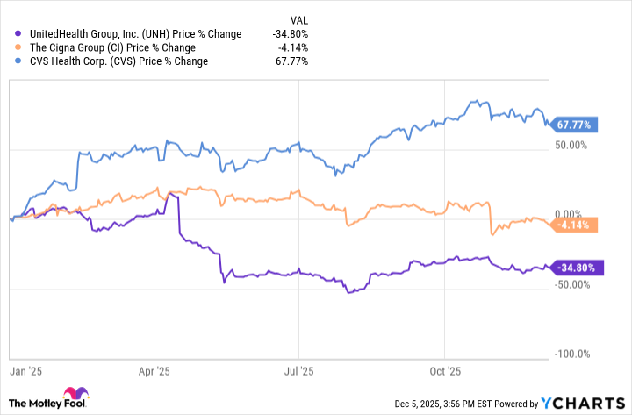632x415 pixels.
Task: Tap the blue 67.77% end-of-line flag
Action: click(x=575, y=125)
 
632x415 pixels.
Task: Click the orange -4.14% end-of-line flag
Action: click(x=575, y=225)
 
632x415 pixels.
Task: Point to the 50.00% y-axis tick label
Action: click(x=571, y=145)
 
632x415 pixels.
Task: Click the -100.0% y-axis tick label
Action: click(x=571, y=354)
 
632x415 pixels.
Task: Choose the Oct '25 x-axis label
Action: click(x=445, y=372)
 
